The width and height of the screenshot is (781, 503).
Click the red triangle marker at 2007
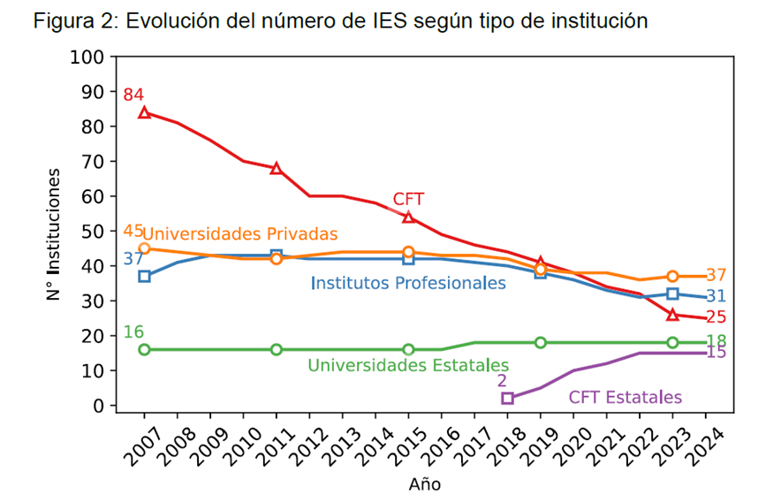pyautogui.click(x=144, y=112)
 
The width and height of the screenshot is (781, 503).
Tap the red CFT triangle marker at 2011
pyautogui.click(x=277, y=168)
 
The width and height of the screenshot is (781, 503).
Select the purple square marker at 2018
pyautogui.click(x=507, y=398)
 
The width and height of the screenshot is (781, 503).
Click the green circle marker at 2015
pyautogui.click(x=408, y=349)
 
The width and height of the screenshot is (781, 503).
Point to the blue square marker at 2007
pyautogui.click(x=144, y=277)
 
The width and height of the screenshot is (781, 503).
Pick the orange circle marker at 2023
pyautogui.click(x=672, y=277)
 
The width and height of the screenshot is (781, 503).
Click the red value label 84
pyautogui.click(x=133, y=95)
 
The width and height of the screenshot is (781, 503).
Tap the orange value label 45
pyautogui.click(x=133, y=231)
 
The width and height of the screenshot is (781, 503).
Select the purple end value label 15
pyautogui.click(x=717, y=353)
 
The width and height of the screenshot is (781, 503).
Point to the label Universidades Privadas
pyautogui.click(x=240, y=234)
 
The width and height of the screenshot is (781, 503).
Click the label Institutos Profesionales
pyautogui.click(x=408, y=284)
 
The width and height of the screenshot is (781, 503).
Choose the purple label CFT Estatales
pyautogui.click(x=625, y=398)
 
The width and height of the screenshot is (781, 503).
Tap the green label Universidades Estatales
pyautogui.click(x=408, y=365)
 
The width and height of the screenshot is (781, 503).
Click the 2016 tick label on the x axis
pyautogui.click(x=440, y=448)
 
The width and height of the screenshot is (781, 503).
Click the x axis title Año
pyautogui.click(x=424, y=484)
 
